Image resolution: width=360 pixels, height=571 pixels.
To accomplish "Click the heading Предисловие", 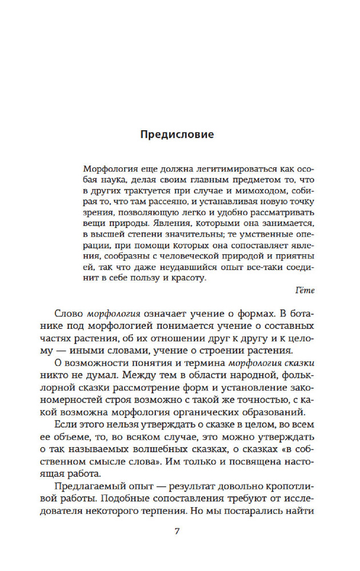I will (177, 135).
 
